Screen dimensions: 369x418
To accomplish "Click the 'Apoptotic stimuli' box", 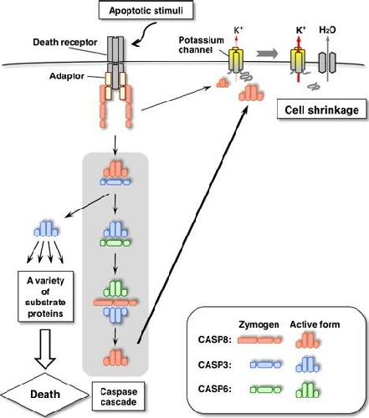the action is [146, 11].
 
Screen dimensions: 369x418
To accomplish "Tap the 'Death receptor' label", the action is [65, 43].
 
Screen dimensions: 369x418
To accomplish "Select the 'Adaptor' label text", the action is [67, 76].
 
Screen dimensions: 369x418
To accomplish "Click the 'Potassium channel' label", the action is [201, 45].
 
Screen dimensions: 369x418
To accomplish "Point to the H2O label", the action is [327, 30].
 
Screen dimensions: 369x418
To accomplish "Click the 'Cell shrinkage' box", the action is [321, 110].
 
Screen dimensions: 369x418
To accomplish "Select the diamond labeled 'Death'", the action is [44, 395].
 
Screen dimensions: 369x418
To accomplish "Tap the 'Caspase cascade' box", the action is [118, 396].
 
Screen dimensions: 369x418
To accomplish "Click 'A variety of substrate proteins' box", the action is [45, 297].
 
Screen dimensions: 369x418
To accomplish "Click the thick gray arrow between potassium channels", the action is [267, 54].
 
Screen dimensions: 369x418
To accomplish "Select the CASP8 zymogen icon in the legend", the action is [259, 340].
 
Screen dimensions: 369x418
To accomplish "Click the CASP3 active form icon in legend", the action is [308, 364].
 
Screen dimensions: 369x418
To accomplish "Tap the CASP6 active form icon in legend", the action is [308, 390].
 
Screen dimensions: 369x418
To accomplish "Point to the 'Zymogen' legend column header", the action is [259, 324].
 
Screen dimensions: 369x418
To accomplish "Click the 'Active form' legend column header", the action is [315, 324].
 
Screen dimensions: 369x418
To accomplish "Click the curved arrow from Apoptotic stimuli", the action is [143, 35].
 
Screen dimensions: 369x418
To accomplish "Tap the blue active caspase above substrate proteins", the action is [46, 229].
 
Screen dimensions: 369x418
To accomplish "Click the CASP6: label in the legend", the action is [215, 389].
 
